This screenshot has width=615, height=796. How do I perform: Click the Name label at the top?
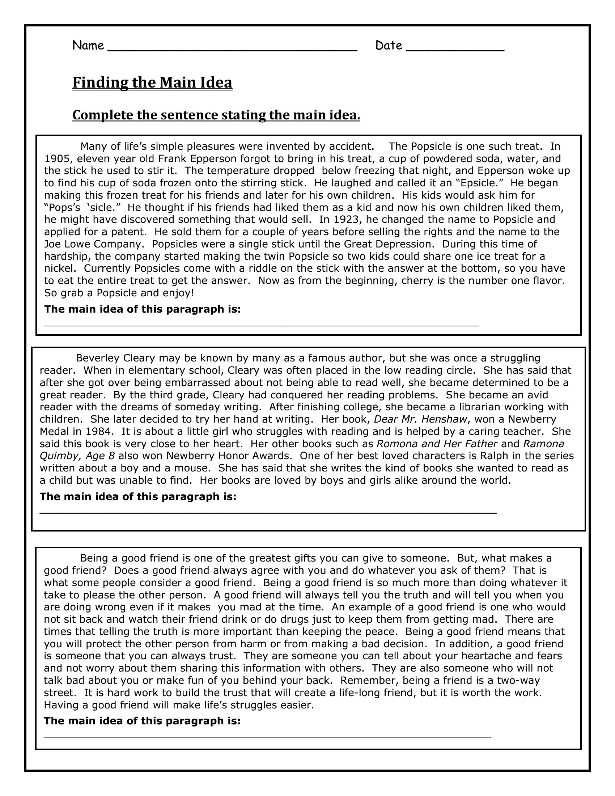(88, 46)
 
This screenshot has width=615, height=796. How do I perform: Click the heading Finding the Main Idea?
(152, 82)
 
